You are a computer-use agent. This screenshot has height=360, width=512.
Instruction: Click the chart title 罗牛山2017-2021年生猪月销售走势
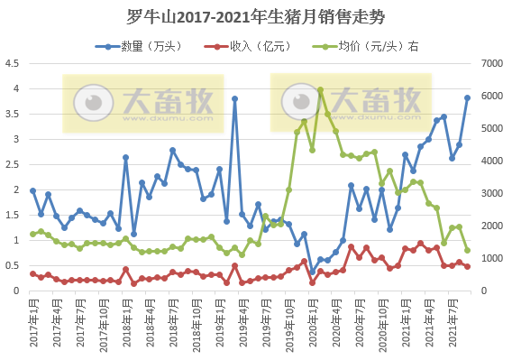pyautogui.click(x=255, y=16)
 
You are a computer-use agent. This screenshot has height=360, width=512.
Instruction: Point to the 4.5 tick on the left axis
pyautogui.click(x=14, y=63)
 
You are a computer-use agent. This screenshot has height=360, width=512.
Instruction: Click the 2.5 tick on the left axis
pyautogui.click(x=14, y=164)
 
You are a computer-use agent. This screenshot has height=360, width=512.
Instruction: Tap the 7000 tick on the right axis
pyautogui.click(x=490, y=63)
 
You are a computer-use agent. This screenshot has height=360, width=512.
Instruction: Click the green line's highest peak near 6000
pyautogui.click(x=320, y=90)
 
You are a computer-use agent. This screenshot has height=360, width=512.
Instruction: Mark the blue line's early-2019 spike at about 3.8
pyautogui.click(x=234, y=98)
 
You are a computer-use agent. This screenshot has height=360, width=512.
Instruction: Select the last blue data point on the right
pyautogui.click(x=467, y=97)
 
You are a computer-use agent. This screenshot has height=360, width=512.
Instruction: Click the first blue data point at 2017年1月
pyautogui.click(x=32, y=190)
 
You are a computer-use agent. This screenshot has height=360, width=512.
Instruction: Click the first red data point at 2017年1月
pyautogui.click(x=32, y=273)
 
